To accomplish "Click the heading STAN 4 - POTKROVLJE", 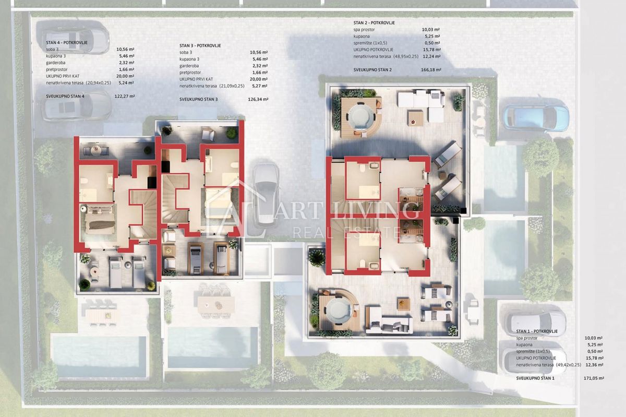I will pyautogui.click(x=66, y=41).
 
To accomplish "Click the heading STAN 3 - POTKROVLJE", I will pyautogui.click(x=200, y=46).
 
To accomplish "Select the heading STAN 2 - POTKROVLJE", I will pyautogui.click(x=375, y=23).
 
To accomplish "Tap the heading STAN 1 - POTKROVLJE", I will pyautogui.click(x=537, y=331).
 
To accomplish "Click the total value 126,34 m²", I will pyautogui.click(x=258, y=99).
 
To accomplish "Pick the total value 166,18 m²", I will pyautogui.click(x=431, y=69).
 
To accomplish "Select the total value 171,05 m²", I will pyautogui.click(x=594, y=378).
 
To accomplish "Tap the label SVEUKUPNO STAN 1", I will pyautogui.click(x=535, y=378).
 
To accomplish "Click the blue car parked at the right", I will pyautogui.click(x=536, y=117).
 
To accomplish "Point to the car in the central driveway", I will pyautogui.click(x=266, y=193).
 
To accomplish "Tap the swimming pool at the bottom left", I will pyautogui.click(x=99, y=356).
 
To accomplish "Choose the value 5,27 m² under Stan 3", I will pyautogui.click(x=259, y=86).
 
